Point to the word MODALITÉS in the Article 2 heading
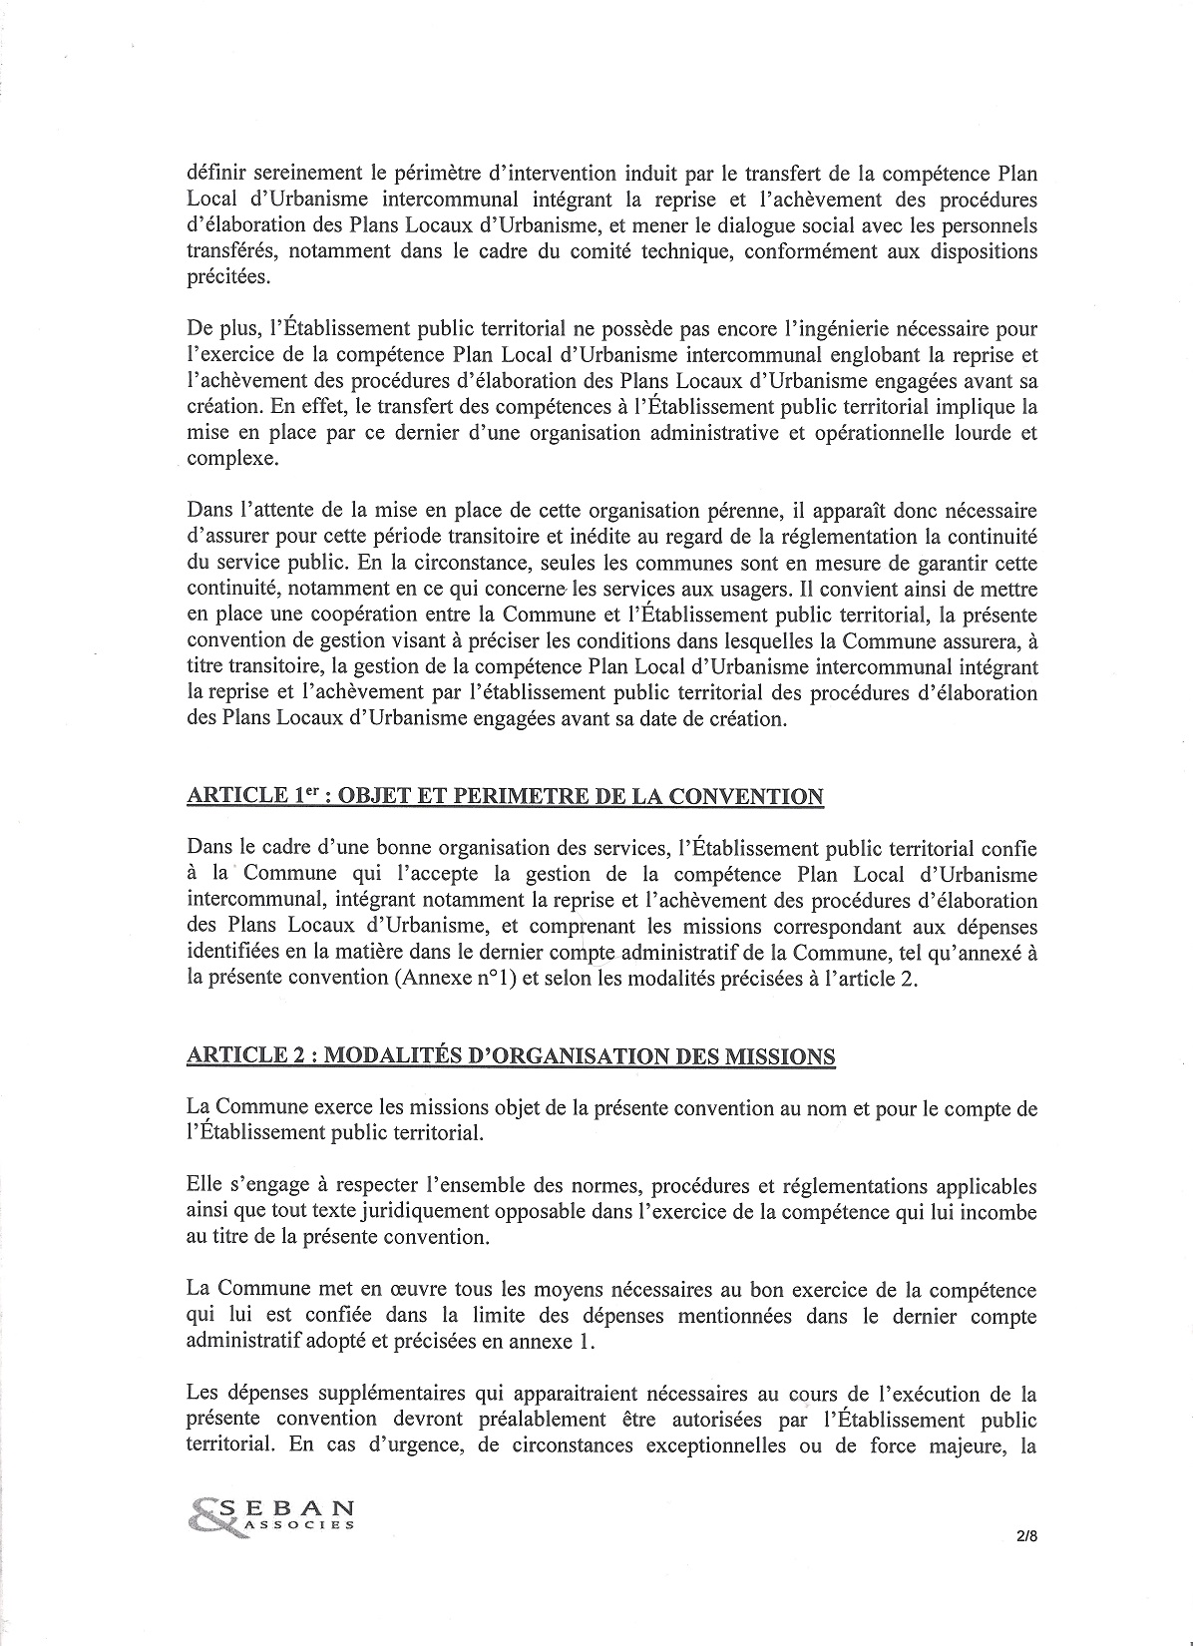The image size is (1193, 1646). tap(357, 1055)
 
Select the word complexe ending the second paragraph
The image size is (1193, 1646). tap(226, 459)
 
